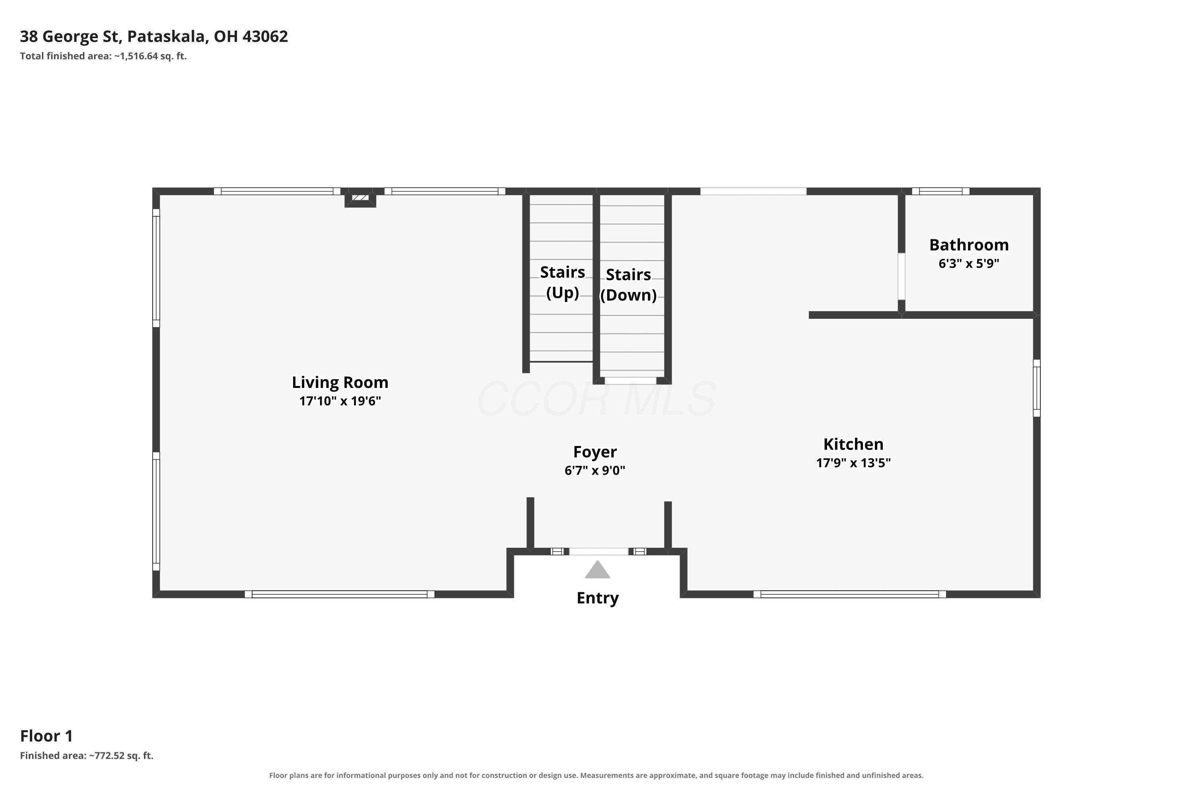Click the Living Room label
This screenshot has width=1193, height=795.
[x=340, y=382]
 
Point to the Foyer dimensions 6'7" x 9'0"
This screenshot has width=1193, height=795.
[x=595, y=471]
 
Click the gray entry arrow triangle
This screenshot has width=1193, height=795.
[x=598, y=570]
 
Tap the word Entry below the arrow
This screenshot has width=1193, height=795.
[x=598, y=598]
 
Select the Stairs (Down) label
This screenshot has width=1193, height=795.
[x=628, y=285]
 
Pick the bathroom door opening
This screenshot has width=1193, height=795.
[x=902, y=276]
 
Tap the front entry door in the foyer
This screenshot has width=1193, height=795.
[x=598, y=552]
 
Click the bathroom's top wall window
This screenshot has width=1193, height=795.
[x=940, y=191]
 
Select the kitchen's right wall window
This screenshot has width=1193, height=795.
[x=1037, y=388]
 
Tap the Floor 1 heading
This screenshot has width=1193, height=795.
[x=46, y=736]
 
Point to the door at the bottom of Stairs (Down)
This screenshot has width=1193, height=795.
[x=630, y=381]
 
